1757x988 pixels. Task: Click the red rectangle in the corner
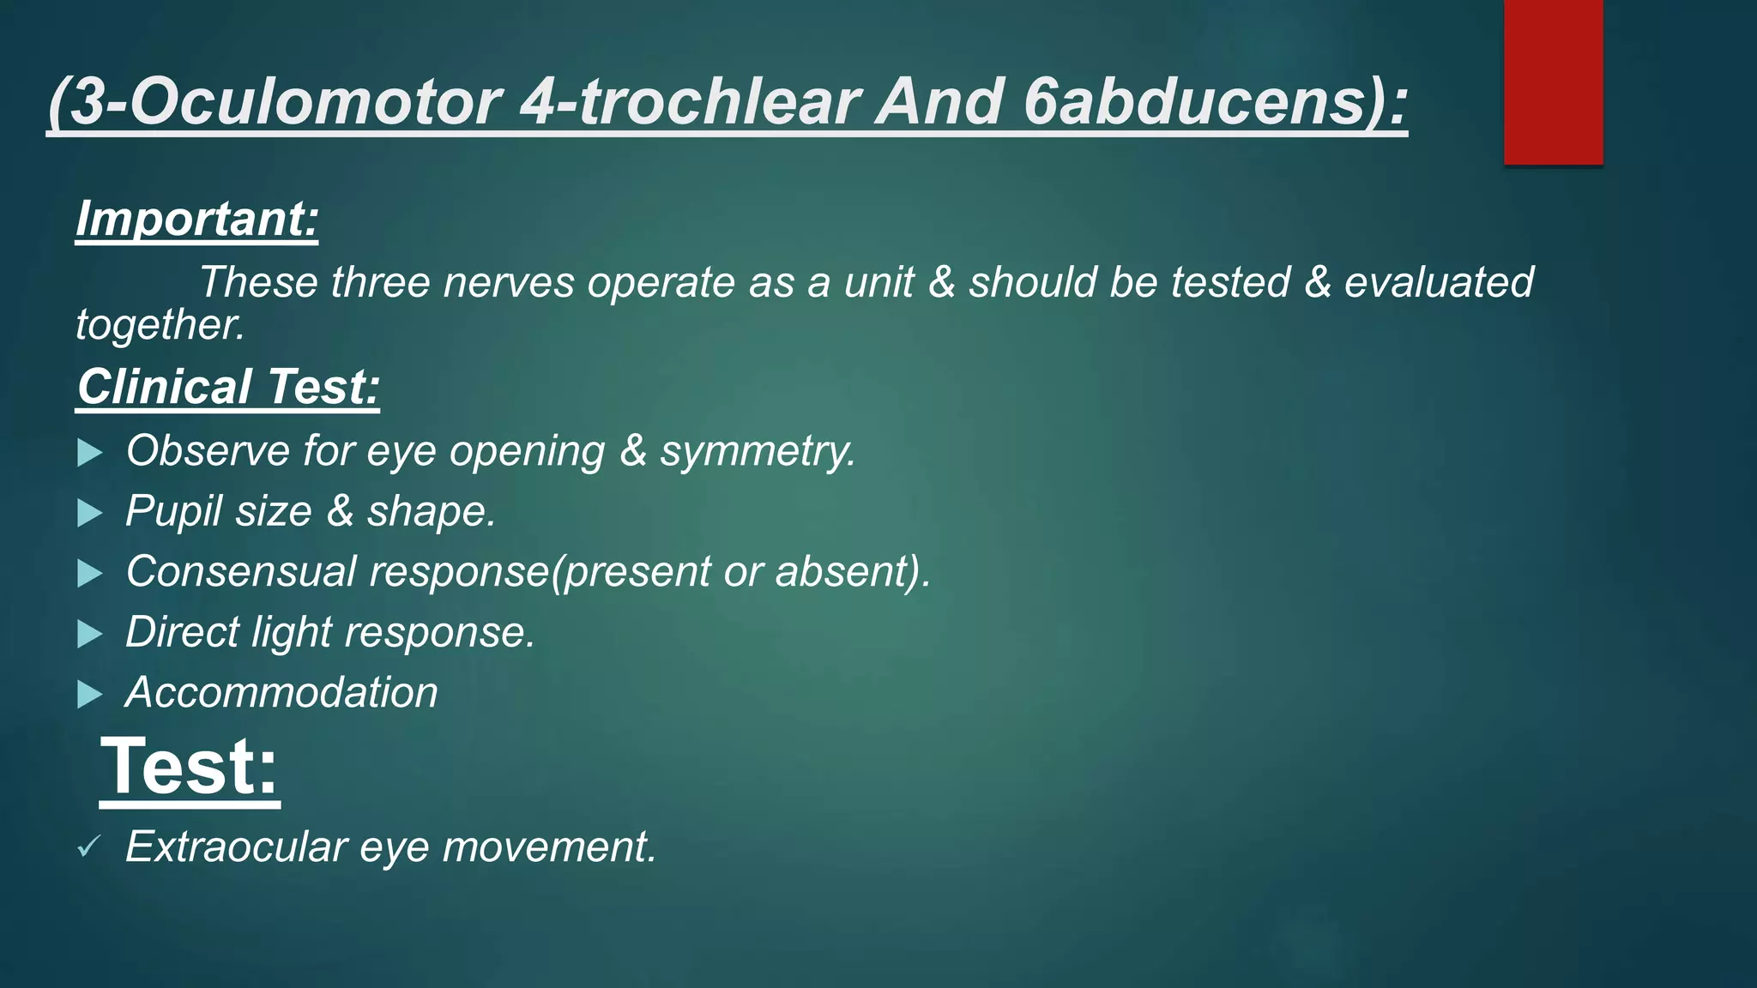tap(1553, 81)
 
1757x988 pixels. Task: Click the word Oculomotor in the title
tap(314, 102)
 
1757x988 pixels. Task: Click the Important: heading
tap(197, 219)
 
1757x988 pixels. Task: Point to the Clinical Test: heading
tap(228, 387)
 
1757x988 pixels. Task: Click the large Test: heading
tap(190, 767)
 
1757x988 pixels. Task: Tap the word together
tap(160, 325)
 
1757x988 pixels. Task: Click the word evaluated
tap(1439, 282)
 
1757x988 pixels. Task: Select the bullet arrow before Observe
tap(89, 452)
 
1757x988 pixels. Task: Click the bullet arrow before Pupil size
tap(89, 513)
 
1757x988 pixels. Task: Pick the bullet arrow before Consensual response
tap(89, 573)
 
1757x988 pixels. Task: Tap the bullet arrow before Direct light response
tap(89, 634)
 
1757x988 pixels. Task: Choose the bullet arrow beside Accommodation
tap(89, 694)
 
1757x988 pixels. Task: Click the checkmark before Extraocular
tap(88, 847)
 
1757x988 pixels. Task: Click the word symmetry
tap(757, 451)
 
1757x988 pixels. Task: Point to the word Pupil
tap(174, 512)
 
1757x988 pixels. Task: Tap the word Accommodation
tap(281, 692)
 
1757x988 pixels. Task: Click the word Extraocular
tap(236, 846)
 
